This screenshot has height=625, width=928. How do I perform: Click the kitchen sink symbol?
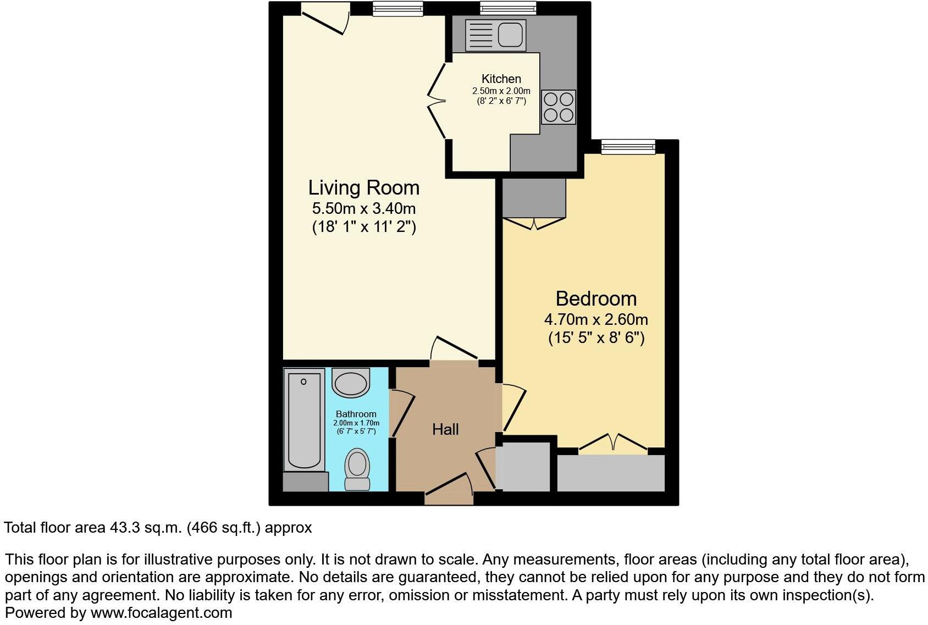(495, 35)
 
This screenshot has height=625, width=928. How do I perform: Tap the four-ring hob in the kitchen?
(558, 107)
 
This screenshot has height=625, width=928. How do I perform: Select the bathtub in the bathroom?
(303, 420)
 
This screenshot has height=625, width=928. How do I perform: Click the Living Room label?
(363, 188)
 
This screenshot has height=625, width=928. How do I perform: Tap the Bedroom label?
(596, 299)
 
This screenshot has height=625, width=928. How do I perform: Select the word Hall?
(445, 429)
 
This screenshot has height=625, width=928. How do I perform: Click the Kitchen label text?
(501, 79)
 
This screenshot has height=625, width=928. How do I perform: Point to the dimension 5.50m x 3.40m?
(363, 209)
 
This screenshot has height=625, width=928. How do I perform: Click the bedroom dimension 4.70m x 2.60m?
(596, 319)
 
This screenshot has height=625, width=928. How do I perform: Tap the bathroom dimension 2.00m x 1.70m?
(356, 423)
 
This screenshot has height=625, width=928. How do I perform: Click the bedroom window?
(628, 146)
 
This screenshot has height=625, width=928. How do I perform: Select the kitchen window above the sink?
(507, 8)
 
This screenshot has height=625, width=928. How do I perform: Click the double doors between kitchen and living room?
(438, 101)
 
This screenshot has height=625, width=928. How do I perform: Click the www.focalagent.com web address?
(161, 613)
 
